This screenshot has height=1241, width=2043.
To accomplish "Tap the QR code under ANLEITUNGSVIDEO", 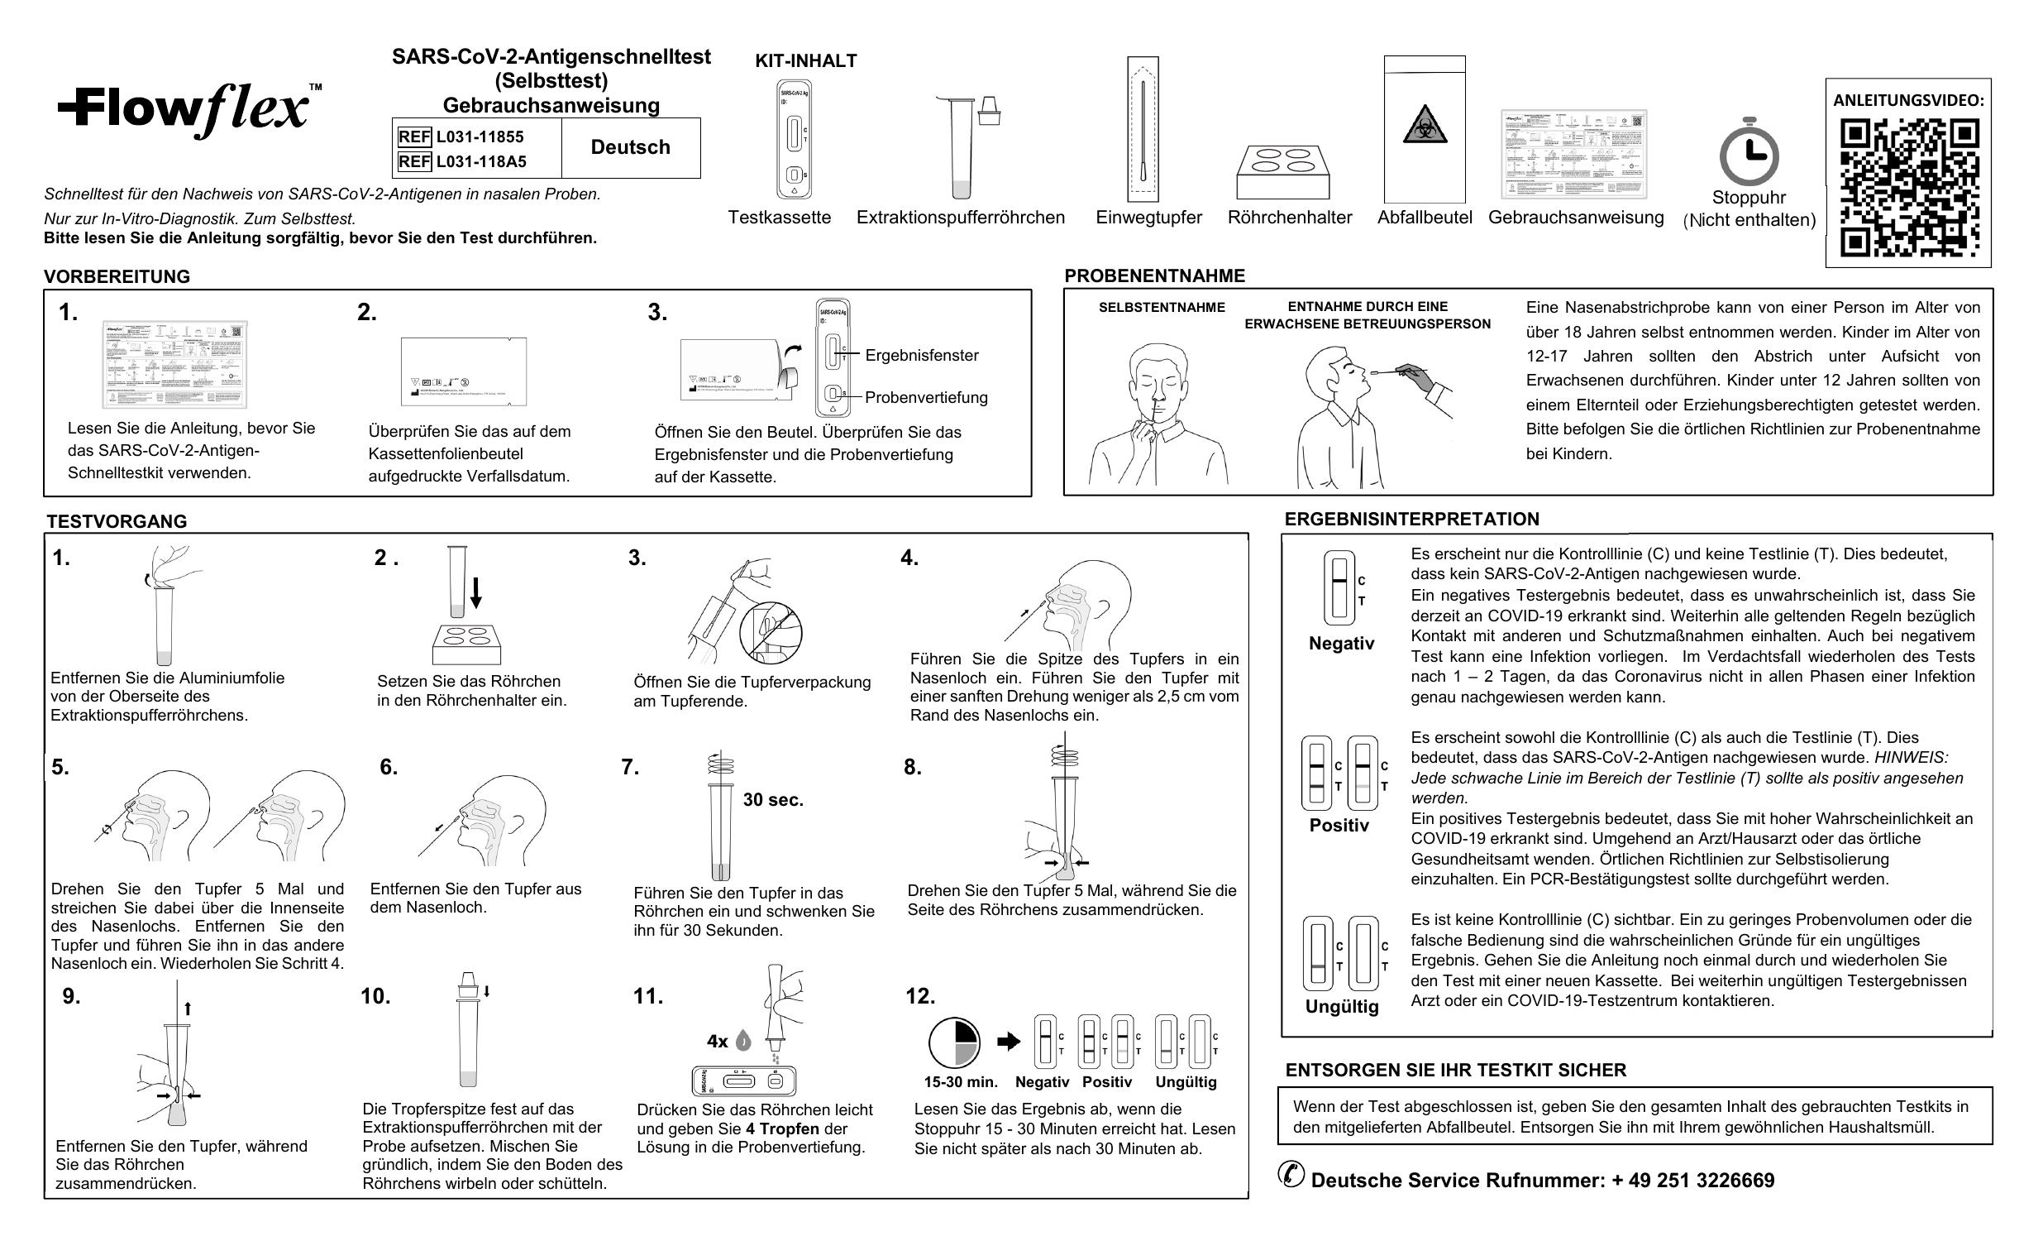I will [1909, 188].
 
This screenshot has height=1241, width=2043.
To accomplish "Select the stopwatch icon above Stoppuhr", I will [1749, 152].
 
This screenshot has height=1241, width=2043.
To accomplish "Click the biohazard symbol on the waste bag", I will [1425, 125].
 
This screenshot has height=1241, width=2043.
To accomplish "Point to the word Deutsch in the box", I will [630, 147].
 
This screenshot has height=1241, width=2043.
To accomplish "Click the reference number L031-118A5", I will [481, 162].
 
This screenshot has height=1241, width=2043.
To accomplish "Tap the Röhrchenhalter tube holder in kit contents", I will [1282, 172].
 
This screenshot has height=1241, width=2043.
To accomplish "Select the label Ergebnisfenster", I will [921, 356].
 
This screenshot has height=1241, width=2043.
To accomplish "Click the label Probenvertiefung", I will [925, 397].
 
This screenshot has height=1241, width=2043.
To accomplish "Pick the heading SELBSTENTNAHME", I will [1162, 308].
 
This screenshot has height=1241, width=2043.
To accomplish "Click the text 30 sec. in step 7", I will [773, 800].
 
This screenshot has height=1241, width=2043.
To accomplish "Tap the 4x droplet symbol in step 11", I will [728, 1041].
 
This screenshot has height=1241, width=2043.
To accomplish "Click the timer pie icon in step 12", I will [953, 1042].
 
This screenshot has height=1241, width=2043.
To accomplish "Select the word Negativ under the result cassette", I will [1341, 644].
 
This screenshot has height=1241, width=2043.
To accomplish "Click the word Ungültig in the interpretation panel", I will [1342, 1007].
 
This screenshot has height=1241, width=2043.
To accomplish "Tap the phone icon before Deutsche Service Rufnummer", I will [1291, 1175].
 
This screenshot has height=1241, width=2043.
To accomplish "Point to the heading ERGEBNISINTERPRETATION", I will [1411, 520].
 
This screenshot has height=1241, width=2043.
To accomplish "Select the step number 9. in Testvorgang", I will [71, 996].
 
